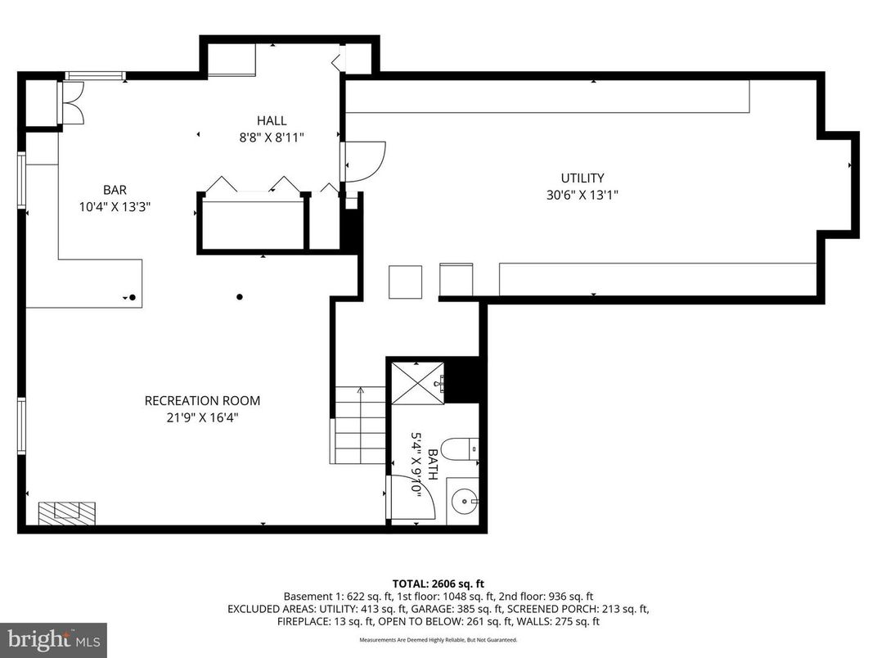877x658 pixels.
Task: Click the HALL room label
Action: coord(271,121)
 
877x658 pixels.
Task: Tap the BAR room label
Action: coord(115,189)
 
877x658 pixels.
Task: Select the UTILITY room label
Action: coord(582,178)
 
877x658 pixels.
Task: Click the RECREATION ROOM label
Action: coord(202,400)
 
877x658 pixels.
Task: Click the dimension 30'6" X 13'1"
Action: coord(582,195)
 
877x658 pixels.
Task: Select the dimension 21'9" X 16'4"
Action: coord(202,417)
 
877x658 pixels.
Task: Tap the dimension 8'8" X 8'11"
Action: coord(271,137)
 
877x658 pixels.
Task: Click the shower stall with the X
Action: coord(417,382)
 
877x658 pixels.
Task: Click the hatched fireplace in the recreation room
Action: coord(68,513)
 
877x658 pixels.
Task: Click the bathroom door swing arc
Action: coord(412,496)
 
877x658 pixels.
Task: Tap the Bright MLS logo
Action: coord(53,638)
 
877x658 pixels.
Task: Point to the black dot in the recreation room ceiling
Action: coord(240,296)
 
